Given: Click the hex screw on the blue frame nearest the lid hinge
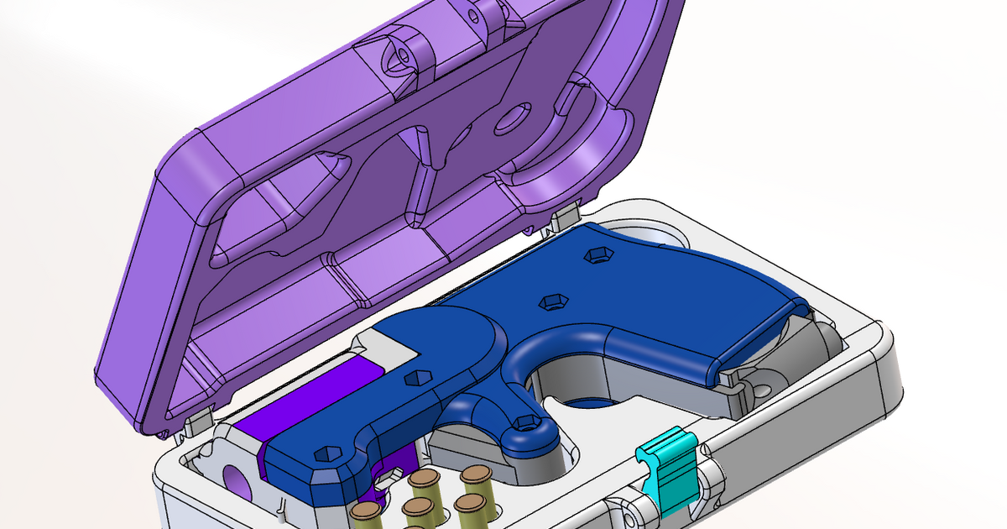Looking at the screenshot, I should (x=597, y=254).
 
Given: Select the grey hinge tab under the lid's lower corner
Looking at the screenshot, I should (x=195, y=424).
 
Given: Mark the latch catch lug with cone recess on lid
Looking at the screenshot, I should (x=401, y=55).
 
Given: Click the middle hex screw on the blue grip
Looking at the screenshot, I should (x=550, y=301).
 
